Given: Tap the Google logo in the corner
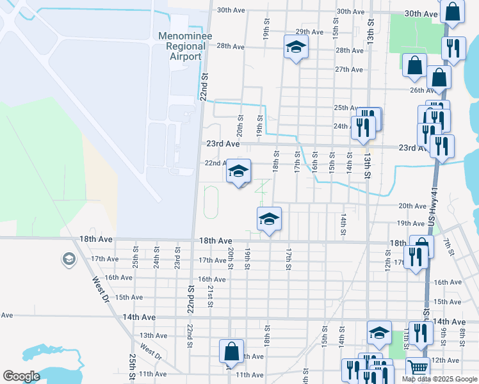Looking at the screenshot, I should coord(22,376).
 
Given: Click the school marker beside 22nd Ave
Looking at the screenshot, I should coord(238,171).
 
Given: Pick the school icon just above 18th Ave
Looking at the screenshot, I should coord(269,220).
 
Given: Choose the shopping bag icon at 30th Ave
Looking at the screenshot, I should coord(452,12).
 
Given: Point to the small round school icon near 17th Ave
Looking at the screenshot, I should coord(68,259).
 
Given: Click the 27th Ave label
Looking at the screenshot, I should coord(349,69).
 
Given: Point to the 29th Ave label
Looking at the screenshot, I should coord(309,31).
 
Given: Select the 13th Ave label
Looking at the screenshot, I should coord(153,335).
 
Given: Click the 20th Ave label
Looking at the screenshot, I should coord(412,206).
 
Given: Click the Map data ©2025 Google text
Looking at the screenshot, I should coord(439,379).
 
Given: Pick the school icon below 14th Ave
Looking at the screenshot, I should coord(379,332).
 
